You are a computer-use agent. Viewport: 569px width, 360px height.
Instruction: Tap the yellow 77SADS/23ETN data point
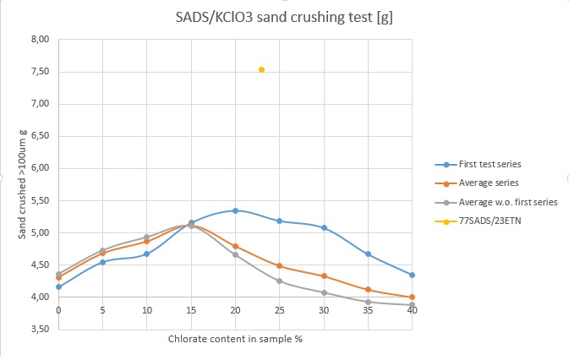261,69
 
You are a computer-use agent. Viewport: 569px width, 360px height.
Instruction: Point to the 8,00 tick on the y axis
38,39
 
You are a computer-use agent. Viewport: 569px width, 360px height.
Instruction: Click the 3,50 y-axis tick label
38,330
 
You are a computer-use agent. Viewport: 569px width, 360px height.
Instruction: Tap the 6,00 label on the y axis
38,168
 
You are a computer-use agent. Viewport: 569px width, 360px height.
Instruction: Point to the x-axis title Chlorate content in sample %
234,339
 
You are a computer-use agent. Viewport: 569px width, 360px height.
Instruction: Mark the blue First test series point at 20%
235,210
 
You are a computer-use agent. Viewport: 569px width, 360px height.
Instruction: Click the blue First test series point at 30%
324,227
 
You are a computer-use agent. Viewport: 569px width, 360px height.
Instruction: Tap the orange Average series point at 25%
279,265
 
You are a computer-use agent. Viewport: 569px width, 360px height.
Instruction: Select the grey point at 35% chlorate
368,302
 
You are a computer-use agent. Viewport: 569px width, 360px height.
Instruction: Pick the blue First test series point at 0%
58,286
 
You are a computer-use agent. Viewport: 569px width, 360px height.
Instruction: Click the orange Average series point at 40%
412,297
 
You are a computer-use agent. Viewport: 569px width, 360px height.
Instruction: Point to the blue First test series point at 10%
147,254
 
